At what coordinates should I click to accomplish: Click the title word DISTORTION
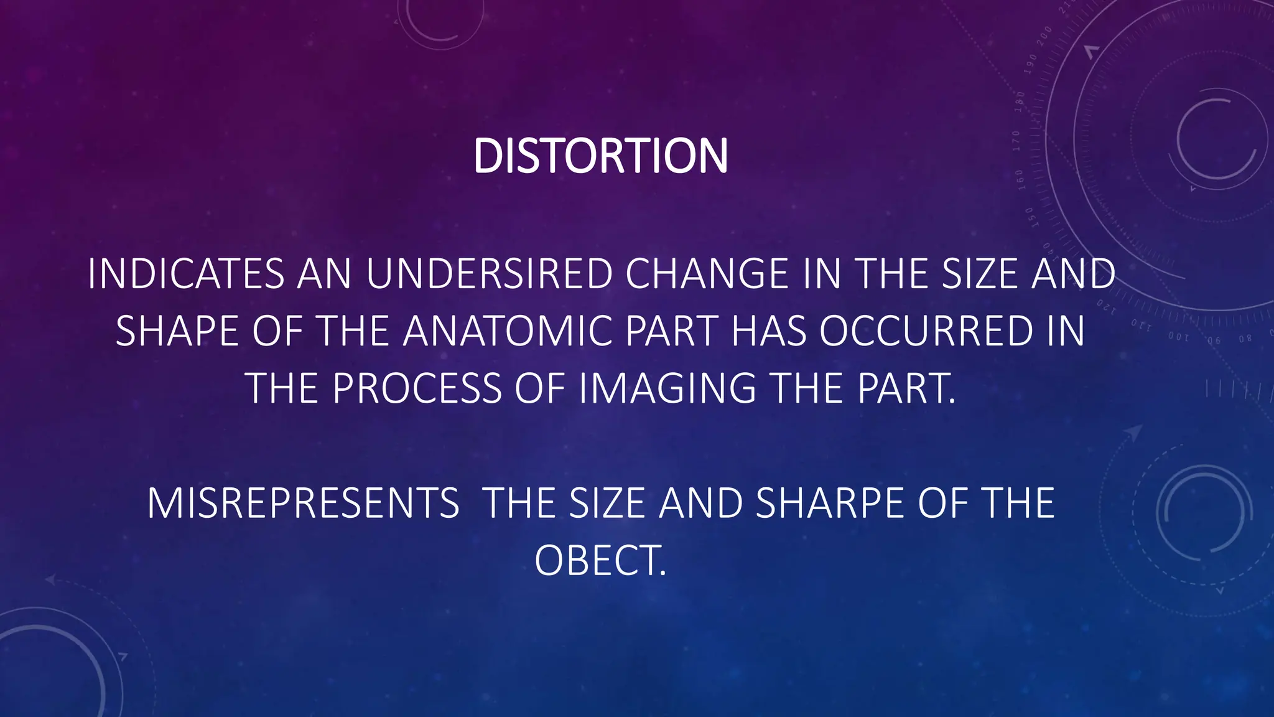[x=600, y=156]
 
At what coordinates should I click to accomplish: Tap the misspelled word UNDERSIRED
[x=490, y=274]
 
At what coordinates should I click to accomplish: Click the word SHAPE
[x=177, y=331]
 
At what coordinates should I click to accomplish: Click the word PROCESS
[x=417, y=388]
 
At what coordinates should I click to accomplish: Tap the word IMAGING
[x=667, y=388]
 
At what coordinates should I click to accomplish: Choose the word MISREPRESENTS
[x=304, y=504]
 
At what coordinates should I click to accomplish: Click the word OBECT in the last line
[x=600, y=561]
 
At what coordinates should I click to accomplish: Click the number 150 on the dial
[x=1030, y=217]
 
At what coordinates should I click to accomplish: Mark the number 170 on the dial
[x=1016, y=141]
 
